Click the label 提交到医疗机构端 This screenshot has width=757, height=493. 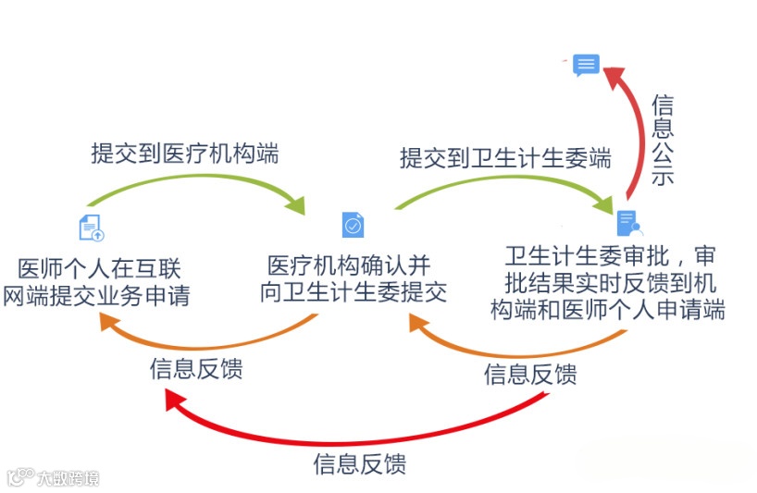pyautogui.click(x=184, y=153)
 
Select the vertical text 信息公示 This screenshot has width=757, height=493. pyautogui.click(x=663, y=140)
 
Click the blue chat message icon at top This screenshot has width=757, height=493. pyautogui.click(x=586, y=65)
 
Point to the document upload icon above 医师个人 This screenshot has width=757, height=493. pyautogui.click(x=91, y=225)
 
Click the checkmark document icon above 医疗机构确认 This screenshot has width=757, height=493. pyautogui.click(x=353, y=225)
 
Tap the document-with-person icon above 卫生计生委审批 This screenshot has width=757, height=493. pyautogui.click(x=628, y=223)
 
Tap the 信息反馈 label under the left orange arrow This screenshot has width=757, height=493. pyautogui.click(x=196, y=369)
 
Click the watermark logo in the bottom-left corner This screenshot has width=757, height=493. pyautogui.click(x=53, y=477)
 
